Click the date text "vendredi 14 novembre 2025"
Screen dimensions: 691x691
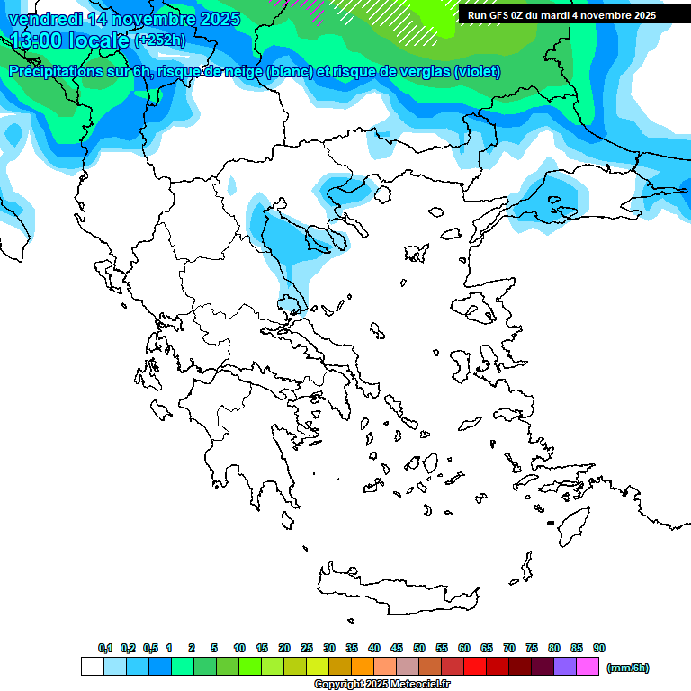(x=124, y=19)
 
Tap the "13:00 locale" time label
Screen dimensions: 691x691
(x=70, y=40)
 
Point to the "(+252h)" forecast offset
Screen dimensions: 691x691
(x=160, y=40)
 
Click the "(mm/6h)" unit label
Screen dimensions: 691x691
(x=627, y=668)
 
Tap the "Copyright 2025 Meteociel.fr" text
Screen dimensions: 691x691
(x=381, y=685)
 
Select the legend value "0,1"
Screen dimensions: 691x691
(x=105, y=648)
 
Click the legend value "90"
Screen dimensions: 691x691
(x=599, y=648)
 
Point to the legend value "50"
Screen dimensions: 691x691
(x=419, y=648)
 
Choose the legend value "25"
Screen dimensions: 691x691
(x=307, y=648)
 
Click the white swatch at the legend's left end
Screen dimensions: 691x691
(x=92, y=667)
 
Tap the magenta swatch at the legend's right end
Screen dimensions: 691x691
(x=588, y=667)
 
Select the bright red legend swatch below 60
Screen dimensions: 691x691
(x=475, y=667)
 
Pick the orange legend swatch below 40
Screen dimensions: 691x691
(x=363, y=667)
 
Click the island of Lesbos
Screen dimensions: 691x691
(x=477, y=310)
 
